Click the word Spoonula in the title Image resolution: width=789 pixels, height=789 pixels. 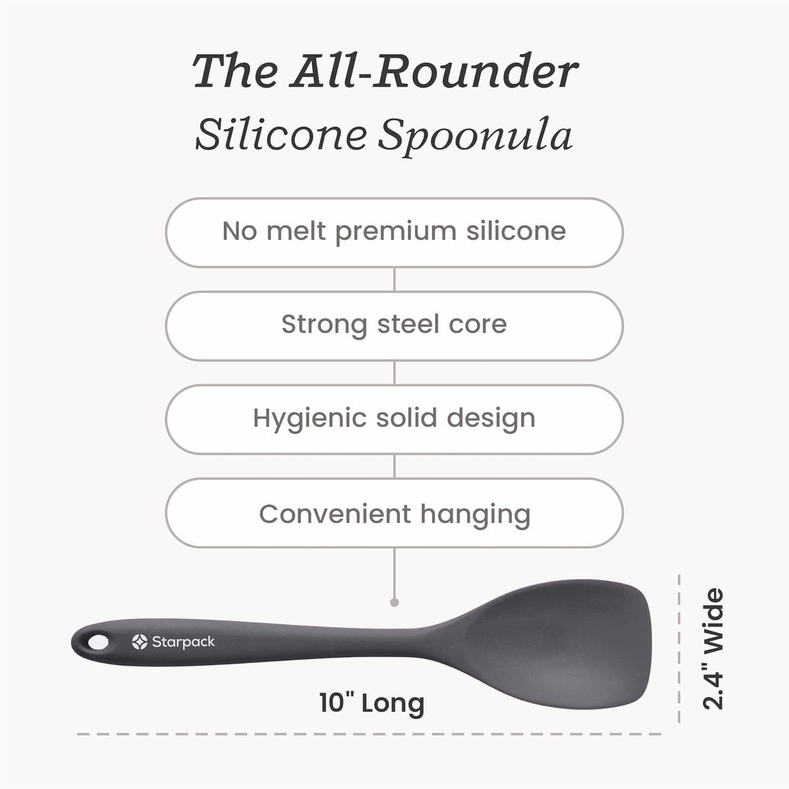tap(475, 135)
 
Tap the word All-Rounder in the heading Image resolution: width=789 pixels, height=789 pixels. tap(434, 72)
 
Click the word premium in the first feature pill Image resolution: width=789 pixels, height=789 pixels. tap(396, 232)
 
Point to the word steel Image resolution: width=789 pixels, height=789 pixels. tap(408, 324)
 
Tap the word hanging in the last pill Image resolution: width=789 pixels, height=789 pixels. tap(475, 514)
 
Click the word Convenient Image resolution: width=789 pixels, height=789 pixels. tap(335, 514)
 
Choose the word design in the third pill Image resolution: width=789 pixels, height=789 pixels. tap(491, 419)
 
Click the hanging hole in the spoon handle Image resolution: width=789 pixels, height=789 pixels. tap(98, 642)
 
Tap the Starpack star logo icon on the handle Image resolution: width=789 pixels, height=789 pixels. tap(140, 642)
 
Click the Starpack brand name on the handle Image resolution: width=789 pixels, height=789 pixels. tap(183, 642)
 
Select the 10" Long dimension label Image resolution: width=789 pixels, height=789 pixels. tap(371, 703)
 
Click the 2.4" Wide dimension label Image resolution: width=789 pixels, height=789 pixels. tap(714, 649)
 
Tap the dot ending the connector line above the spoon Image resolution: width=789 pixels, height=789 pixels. tap(394, 602)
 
